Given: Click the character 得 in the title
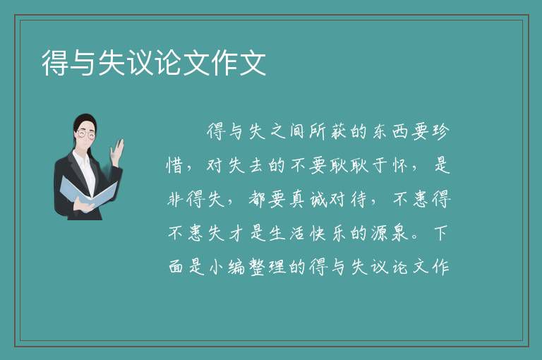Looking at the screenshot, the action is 55,63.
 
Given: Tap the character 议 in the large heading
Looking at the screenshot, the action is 140,63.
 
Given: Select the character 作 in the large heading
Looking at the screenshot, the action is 224,63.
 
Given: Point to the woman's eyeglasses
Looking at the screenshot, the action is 86,134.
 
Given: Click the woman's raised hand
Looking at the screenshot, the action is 117,151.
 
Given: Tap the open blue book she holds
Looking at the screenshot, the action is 88,192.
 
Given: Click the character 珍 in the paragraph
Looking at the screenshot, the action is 440,131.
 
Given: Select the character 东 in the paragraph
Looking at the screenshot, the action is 380,131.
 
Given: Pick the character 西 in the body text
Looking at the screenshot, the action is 400,131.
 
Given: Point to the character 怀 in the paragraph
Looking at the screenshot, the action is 400,165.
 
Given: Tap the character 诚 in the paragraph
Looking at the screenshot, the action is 318,199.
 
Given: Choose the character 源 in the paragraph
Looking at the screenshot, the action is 380,233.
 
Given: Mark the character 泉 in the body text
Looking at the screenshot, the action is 400,233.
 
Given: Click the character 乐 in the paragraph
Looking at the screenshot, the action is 339,233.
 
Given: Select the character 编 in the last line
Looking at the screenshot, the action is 236,267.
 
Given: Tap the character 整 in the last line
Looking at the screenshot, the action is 257,267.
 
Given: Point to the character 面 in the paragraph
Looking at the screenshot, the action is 176,267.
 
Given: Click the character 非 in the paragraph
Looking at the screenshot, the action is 175,199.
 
